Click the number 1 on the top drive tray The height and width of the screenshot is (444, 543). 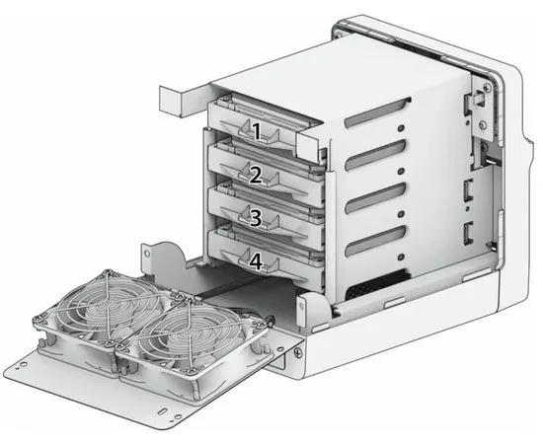pos(256,132)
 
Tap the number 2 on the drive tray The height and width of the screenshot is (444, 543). pos(256,175)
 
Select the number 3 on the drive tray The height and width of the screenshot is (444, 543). pos(256,218)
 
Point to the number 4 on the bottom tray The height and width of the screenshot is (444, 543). pos(256,261)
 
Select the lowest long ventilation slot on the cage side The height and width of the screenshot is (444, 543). pos(375,242)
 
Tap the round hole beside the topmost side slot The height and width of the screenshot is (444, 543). pos(401,128)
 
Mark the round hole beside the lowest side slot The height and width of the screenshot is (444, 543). pos(402,257)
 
